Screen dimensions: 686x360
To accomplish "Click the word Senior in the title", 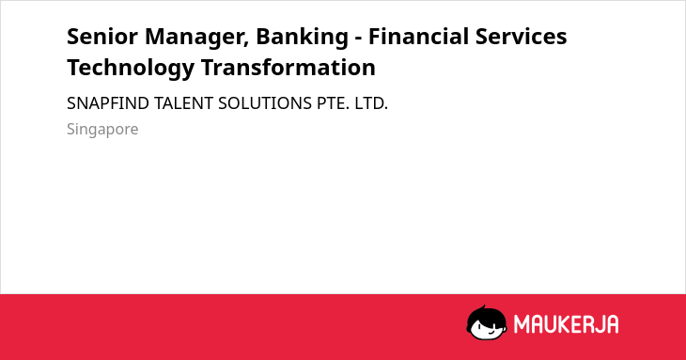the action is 102,37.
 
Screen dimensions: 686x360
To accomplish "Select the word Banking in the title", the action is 303,38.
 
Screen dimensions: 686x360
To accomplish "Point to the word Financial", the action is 418,37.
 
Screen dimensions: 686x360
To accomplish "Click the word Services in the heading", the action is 521,37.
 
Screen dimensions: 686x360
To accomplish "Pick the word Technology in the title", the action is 131,69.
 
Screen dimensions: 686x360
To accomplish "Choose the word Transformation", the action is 288,68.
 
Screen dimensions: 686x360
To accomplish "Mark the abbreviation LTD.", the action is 371,103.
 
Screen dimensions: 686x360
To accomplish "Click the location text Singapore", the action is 102,130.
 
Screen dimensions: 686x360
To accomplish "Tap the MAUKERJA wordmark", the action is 566,324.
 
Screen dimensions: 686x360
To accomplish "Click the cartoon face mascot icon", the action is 487,323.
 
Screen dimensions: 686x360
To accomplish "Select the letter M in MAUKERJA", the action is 522,324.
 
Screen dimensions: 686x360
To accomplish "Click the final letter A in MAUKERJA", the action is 612,324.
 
